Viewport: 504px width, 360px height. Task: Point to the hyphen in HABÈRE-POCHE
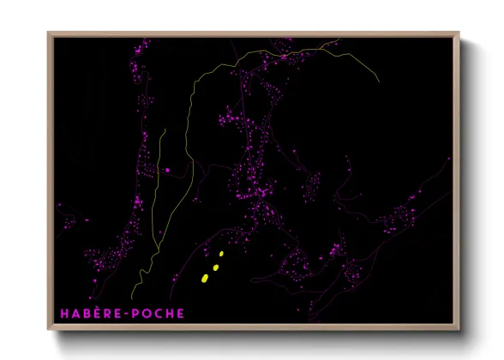pos(122,314)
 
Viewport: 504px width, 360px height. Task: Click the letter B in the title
pos(84,313)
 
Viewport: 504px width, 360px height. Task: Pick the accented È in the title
pos(93,313)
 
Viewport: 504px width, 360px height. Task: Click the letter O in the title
pos(144,313)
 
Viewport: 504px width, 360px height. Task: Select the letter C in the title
pos(156,313)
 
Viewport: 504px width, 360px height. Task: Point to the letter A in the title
pos(74,313)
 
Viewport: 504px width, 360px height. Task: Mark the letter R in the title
pos(103,313)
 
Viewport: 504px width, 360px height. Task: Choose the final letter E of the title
pos(179,313)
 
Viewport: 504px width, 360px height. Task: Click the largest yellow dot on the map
pos(205,278)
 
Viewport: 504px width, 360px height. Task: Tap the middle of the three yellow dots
pos(215,267)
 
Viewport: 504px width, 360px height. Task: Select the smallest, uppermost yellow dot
pos(221,254)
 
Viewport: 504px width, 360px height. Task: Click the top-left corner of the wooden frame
pos(48,33)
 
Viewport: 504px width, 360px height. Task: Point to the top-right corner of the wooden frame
pos(459,33)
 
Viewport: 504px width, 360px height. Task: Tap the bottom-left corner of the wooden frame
pos(48,330)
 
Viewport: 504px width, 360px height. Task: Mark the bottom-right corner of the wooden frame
pos(459,330)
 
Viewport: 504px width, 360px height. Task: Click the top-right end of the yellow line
pos(379,81)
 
